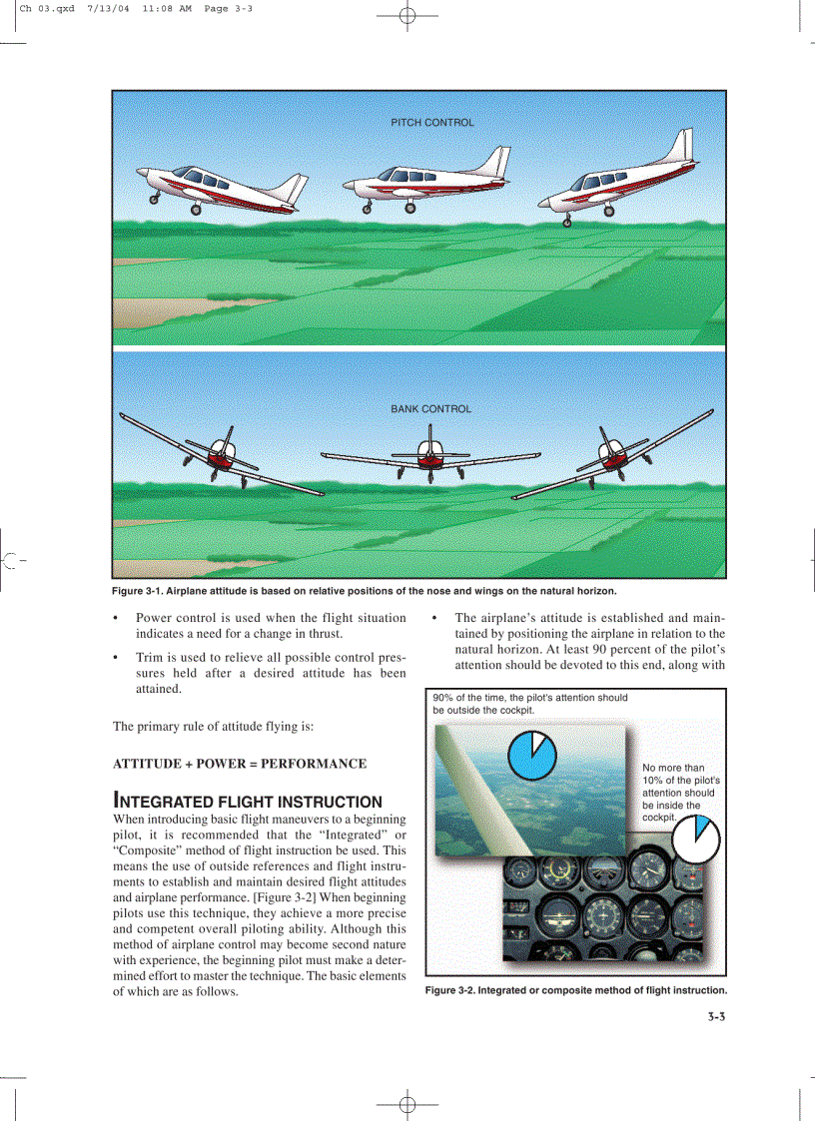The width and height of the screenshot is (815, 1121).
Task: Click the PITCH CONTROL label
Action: [431, 123]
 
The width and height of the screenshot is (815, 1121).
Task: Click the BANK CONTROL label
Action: [430, 409]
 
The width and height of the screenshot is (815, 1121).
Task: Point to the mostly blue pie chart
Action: [531, 756]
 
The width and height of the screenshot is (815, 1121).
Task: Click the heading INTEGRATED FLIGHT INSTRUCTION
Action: [248, 802]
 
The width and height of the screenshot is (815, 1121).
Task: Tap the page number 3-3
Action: [710, 1018]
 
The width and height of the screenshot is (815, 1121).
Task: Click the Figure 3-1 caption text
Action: [364, 590]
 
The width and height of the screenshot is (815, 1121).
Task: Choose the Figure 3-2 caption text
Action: [575, 990]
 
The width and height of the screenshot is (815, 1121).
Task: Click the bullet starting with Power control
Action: [270, 626]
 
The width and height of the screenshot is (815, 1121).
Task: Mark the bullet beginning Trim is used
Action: [270, 673]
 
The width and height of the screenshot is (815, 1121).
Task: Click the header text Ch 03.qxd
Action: [47, 8]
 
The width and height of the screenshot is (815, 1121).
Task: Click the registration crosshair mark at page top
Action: [407, 17]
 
